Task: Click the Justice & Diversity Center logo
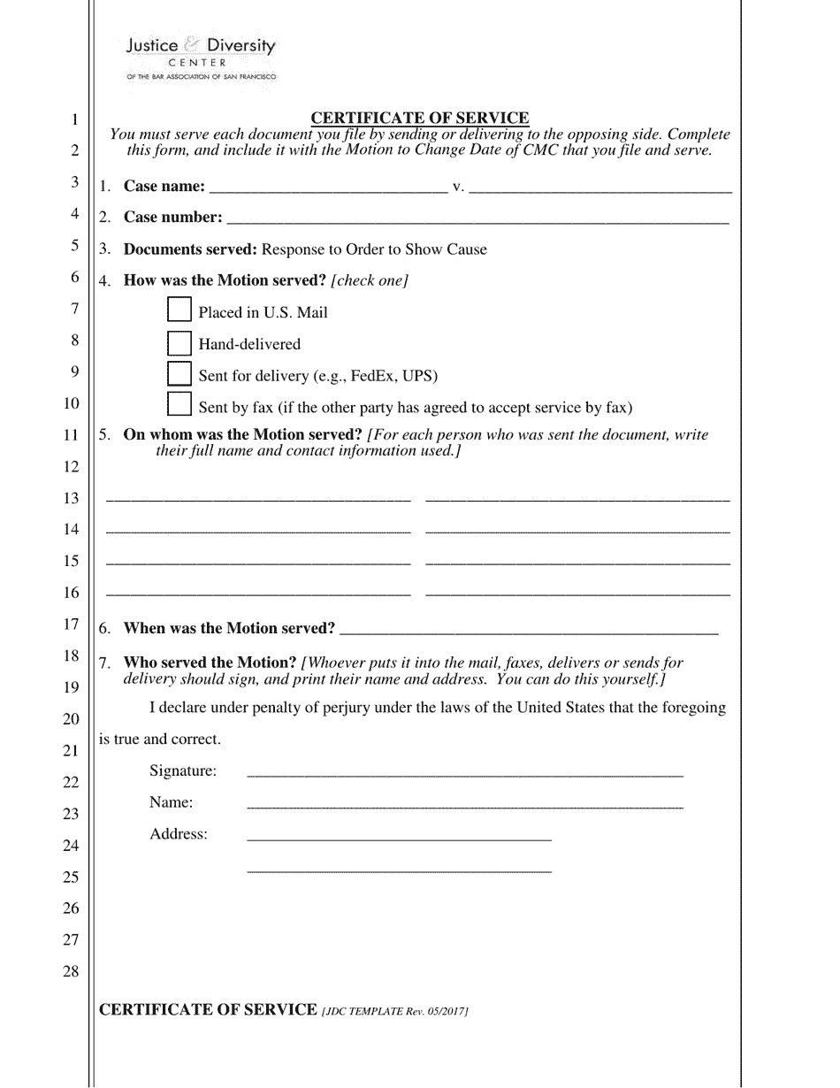point(201,58)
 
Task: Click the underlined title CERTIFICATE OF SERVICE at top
point(420,118)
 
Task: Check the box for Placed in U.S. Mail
point(179,310)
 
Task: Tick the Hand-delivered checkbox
point(179,342)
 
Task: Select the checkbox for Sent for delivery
point(179,374)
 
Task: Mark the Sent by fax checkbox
point(179,405)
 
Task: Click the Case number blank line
point(477,219)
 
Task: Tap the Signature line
point(464,772)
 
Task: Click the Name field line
point(464,804)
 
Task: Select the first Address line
point(399,836)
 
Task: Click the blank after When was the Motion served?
point(528,631)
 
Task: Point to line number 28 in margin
point(71,971)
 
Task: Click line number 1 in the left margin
point(75,119)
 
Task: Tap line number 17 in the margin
point(71,624)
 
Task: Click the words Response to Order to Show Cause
point(374,249)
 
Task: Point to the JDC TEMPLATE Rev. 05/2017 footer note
point(394,1011)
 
